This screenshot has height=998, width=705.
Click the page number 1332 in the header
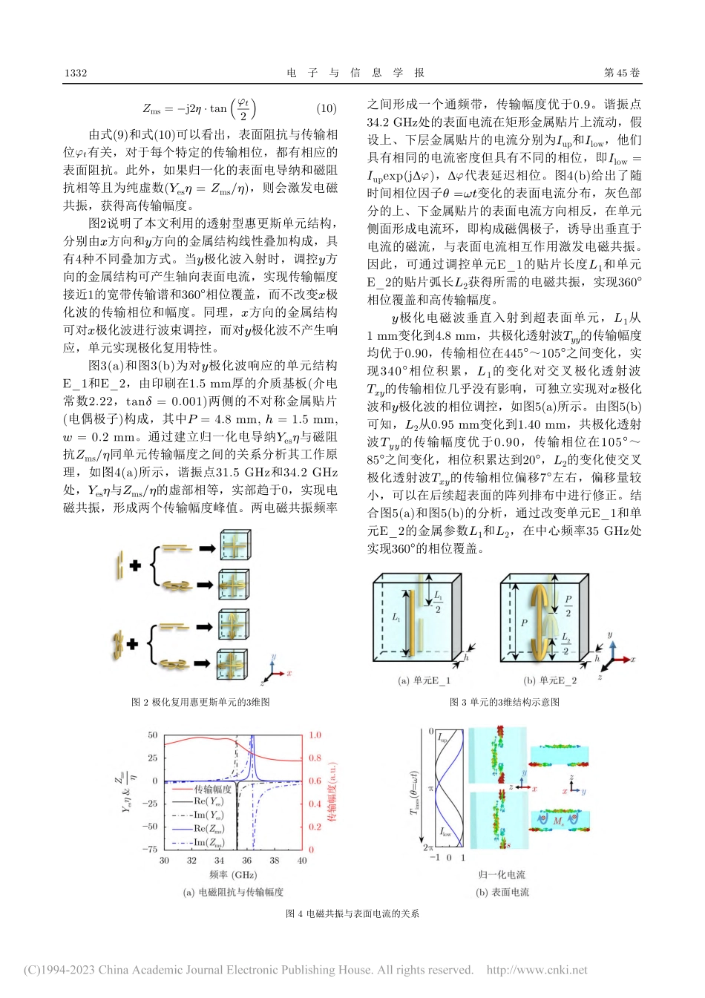pyautogui.click(x=76, y=73)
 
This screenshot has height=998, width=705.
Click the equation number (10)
pyautogui.click(x=327, y=108)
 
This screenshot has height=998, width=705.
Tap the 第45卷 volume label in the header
pyautogui.click(x=622, y=73)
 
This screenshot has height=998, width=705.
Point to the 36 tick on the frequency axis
pyautogui.click(x=247, y=861)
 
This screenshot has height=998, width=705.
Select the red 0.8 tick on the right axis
pyautogui.click(x=315, y=758)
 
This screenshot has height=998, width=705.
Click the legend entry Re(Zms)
pyautogui.click(x=210, y=829)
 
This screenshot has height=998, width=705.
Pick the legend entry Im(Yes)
pyautogui.click(x=209, y=815)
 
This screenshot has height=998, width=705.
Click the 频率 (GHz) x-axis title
pyautogui.click(x=233, y=876)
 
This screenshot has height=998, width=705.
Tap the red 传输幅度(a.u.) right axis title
pyautogui.click(x=332, y=791)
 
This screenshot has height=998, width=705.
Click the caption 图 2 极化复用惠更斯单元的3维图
pyautogui.click(x=200, y=702)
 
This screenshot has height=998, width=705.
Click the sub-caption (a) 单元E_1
pyautogui.click(x=424, y=680)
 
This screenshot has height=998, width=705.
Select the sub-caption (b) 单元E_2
pyautogui.click(x=550, y=680)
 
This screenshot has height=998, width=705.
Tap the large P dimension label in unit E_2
pyautogui.click(x=524, y=623)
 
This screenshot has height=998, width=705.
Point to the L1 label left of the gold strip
pyautogui.click(x=396, y=617)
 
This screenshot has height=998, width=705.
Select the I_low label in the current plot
pyautogui.click(x=445, y=833)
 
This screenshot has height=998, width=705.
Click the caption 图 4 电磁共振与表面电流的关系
pyautogui.click(x=352, y=913)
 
